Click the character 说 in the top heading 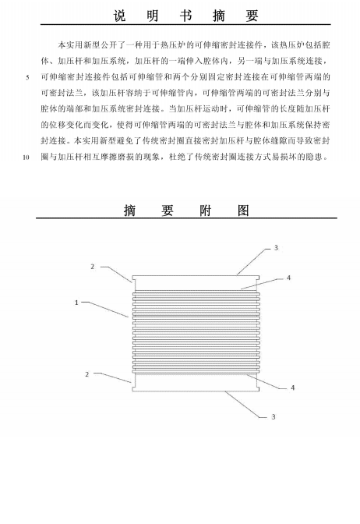click(119, 16)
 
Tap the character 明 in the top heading click(153, 16)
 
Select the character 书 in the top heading click(185, 16)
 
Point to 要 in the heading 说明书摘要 click(252, 16)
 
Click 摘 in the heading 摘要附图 click(130, 211)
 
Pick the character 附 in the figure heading click(206, 211)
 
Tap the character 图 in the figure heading click(243, 211)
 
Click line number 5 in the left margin click(28, 77)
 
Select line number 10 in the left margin click(26, 158)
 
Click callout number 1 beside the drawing click(76, 303)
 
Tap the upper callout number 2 click(93, 267)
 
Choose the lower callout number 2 click(87, 374)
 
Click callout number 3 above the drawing click(276, 248)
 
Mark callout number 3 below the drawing click(274, 416)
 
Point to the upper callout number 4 click(289, 278)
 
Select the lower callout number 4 click(292, 388)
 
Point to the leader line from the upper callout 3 click(254, 262)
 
